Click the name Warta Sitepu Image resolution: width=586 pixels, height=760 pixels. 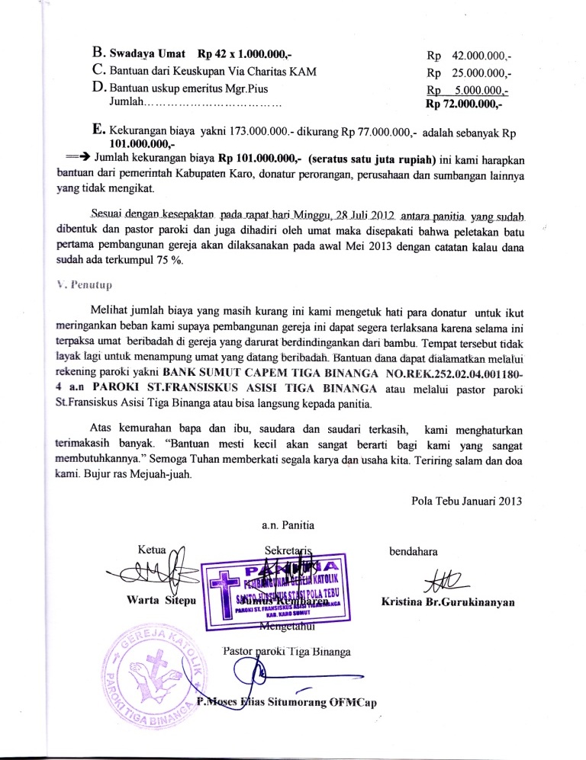click(158, 601)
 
